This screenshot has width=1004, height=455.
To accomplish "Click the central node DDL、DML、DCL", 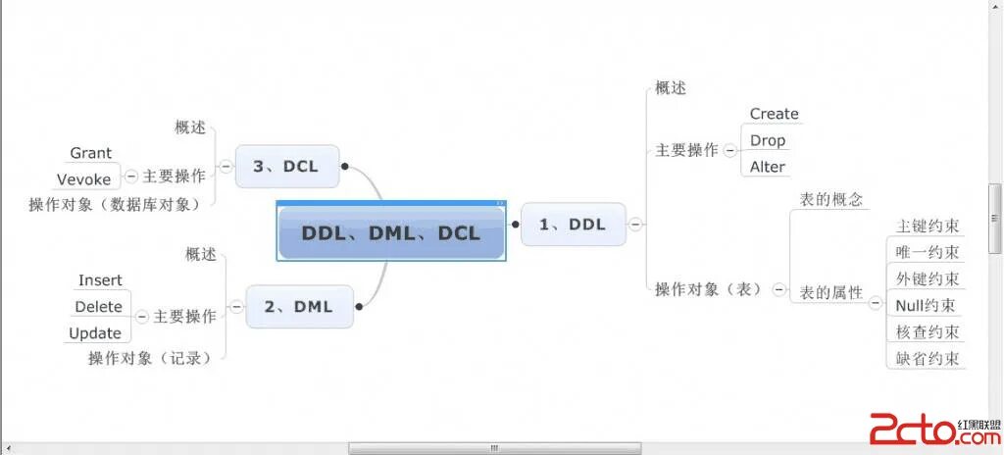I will (x=391, y=232).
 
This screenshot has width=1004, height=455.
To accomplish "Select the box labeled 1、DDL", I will (x=573, y=225).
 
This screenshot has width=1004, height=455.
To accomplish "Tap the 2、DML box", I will (x=298, y=307).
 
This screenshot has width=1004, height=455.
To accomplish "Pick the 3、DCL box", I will (x=285, y=166).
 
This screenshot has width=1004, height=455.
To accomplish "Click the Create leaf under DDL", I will (x=774, y=114).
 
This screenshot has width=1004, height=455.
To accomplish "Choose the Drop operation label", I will (x=768, y=140).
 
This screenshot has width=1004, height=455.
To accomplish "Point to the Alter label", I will (x=768, y=167).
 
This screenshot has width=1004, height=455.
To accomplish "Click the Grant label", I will (x=90, y=153).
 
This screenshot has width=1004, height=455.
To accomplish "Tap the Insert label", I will (x=100, y=280).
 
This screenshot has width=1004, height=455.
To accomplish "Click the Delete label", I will (x=98, y=307).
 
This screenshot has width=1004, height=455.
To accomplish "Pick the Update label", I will (x=95, y=333).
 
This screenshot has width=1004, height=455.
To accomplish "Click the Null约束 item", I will (x=927, y=305).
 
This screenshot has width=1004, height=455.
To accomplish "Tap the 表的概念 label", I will (x=831, y=199).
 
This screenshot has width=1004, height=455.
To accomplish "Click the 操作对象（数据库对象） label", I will (x=114, y=204).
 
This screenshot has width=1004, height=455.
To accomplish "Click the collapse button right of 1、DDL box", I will (x=635, y=225).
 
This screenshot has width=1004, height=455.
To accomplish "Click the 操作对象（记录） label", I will (x=150, y=358).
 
